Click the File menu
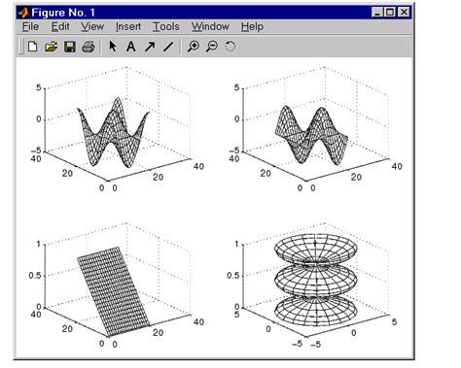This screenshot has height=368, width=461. click(x=30, y=26)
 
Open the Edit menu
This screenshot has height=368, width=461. click(x=60, y=26)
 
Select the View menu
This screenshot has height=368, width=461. click(x=92, y=26)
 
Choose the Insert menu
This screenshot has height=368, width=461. click(x=128, y=26)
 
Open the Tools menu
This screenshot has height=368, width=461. click(x=166, y=26)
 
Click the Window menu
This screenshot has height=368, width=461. click(x=210, y=26)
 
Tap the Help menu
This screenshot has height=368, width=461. click(x=252, y=27)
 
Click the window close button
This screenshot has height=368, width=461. click(x=404, y=13)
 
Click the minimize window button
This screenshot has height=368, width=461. click(x=377, y=13)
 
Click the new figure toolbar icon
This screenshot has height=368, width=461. click(x=32, y=47)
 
